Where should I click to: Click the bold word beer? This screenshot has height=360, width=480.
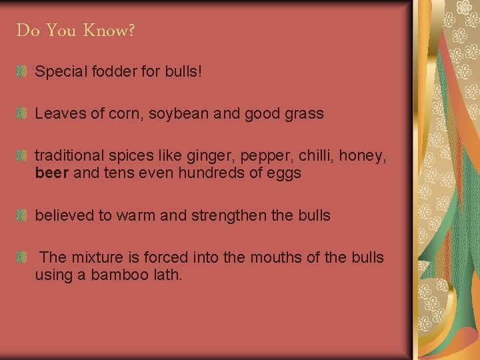[x=51, y=173]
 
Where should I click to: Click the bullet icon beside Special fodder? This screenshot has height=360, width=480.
[x=22, y=71]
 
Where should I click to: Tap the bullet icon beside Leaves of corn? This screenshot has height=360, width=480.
[x=22, y=113]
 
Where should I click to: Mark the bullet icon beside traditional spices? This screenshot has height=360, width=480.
[x=22, y=156]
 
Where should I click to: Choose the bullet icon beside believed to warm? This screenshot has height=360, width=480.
[x=22, y=216]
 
